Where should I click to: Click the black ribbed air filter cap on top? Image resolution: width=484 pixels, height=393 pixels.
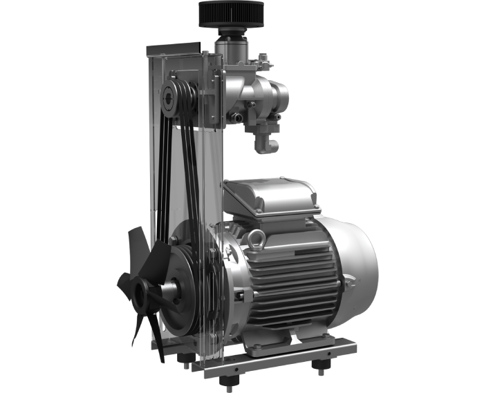pyautogui.click(x=231, y=14)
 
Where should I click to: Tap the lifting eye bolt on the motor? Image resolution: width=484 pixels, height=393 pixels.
pyautogui.click(x=257, y=239)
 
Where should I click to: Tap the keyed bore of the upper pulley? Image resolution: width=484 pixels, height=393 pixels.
pyautogui.click(x=168, y=99)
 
